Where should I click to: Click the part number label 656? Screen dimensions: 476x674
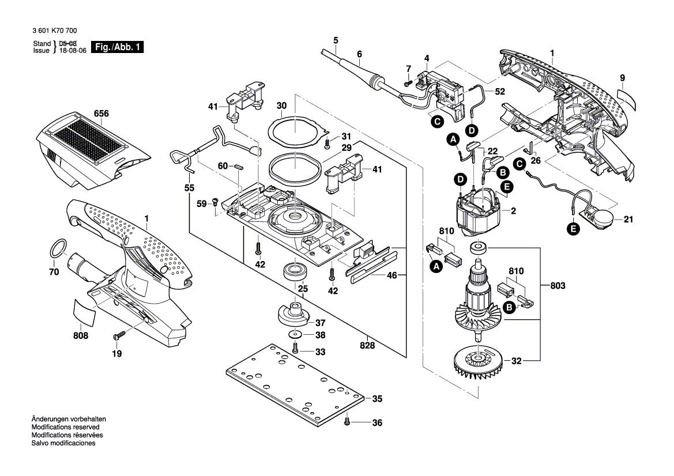[x=101, y=114]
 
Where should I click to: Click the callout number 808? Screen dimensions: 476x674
[x=81, y=336]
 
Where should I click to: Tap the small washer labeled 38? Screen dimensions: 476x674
[x=295, y=335]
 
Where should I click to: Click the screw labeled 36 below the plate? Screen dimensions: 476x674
[x=347, y=422]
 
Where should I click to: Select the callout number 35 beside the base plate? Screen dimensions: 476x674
[x=377, y=399]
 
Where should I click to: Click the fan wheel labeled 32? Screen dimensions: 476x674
[x=477, y=361]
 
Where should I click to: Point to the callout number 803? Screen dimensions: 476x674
[x=558, y=285]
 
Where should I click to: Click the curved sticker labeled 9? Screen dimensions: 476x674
[x=628, y=99]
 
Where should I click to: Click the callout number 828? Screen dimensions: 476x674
[x=367, y=346]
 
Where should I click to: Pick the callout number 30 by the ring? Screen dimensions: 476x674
[x=281, y=106]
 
